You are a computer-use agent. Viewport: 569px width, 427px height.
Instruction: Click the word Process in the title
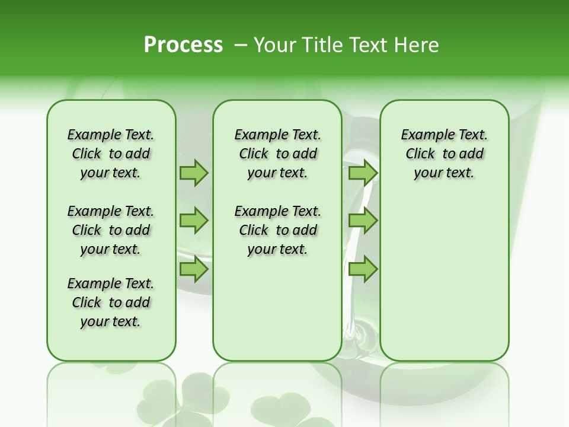(183, 45)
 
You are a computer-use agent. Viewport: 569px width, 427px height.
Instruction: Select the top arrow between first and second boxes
(193, 173)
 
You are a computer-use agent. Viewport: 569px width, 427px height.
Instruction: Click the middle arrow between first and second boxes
(193, 221)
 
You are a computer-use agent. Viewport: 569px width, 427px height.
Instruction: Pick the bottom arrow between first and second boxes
(193, 269)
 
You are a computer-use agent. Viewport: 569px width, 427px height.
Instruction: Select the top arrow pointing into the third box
(363, 173)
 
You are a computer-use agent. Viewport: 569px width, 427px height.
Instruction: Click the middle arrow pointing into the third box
(363, 221)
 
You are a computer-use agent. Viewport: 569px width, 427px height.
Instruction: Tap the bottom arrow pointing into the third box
(363, 269)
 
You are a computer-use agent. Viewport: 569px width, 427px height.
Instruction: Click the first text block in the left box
(111, 154)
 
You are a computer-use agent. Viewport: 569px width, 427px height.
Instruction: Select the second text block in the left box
(111, 230)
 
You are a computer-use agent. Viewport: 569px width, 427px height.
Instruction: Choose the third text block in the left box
(111, 302)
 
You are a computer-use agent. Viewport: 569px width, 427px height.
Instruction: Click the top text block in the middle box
(277, 154)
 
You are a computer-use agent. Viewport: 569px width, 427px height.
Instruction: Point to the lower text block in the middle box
(277, 230)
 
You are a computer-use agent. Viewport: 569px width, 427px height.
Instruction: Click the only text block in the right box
(444, 154)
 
